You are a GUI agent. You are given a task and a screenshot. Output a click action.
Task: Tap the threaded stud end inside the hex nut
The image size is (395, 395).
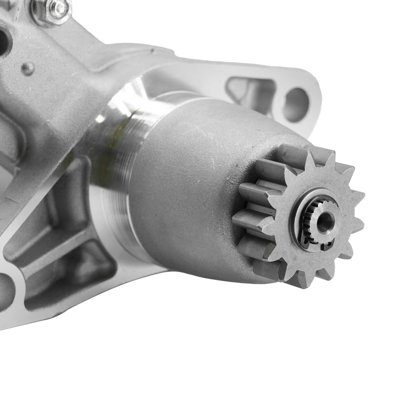[59, 8]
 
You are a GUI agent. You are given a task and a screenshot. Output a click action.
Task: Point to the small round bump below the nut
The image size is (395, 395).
[29, 69]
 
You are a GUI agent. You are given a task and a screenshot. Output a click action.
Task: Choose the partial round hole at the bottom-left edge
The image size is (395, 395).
[6, 291]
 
